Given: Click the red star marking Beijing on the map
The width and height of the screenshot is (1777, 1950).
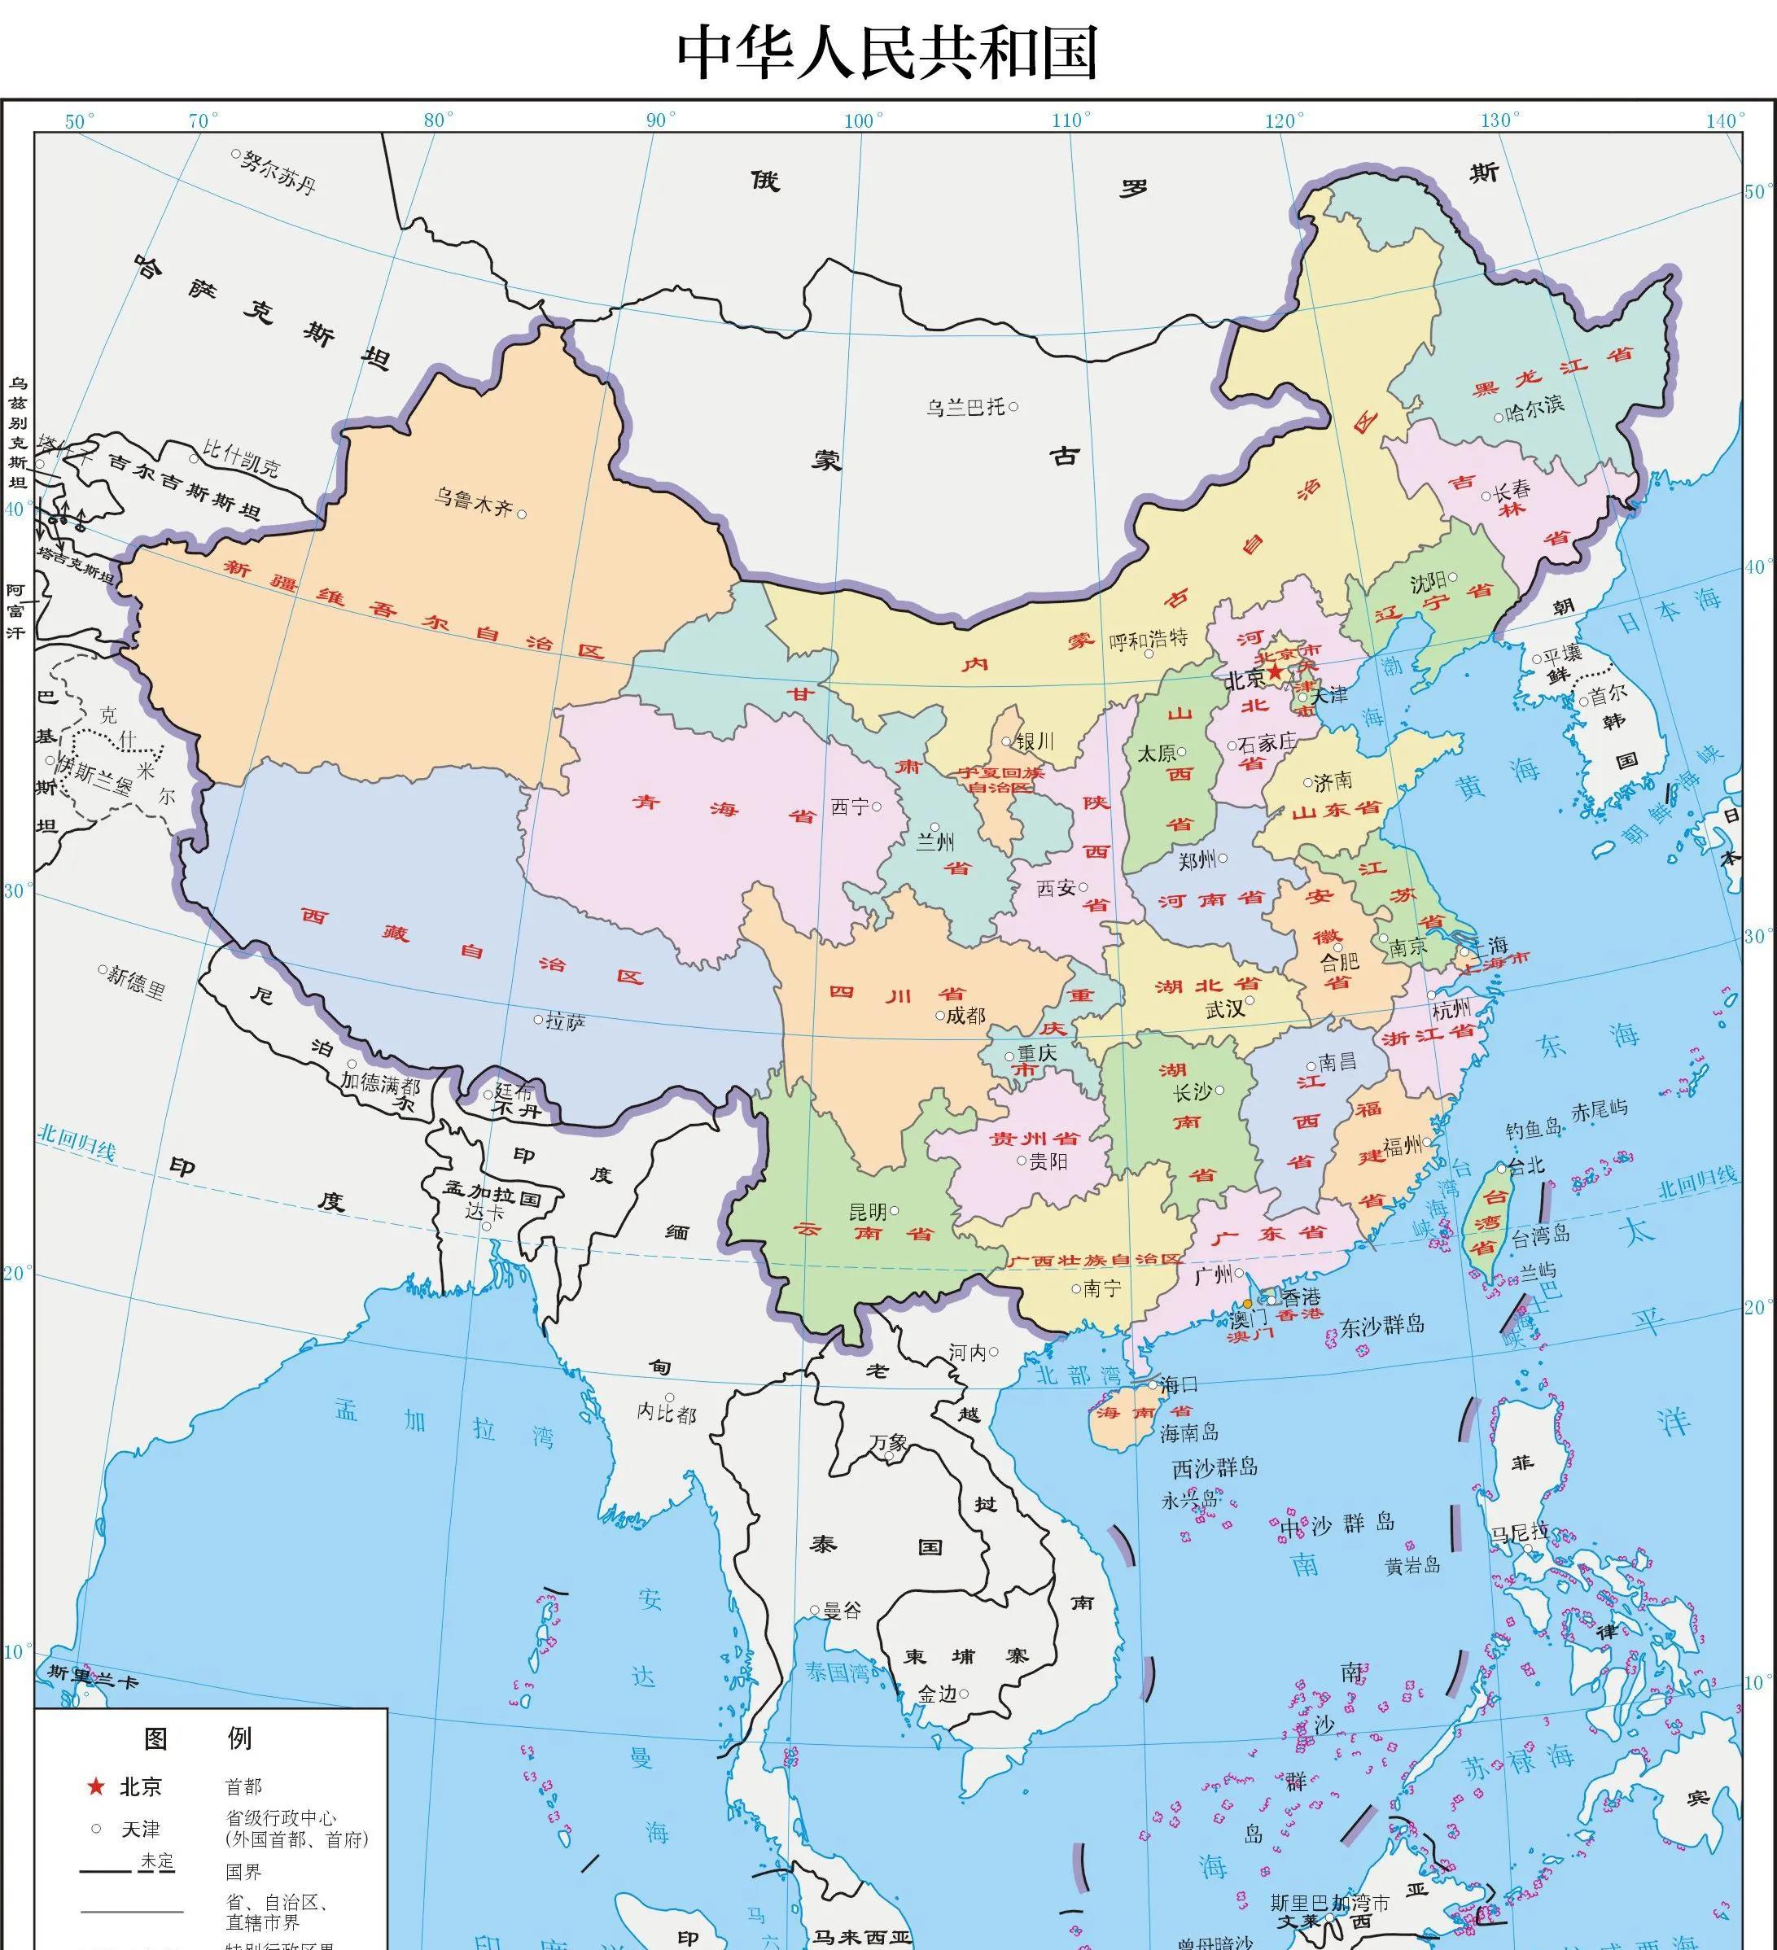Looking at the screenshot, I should (1276, 671).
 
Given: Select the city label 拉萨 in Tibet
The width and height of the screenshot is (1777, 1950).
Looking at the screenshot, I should (565, 1021).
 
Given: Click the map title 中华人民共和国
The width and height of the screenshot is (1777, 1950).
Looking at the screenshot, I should (887, 53).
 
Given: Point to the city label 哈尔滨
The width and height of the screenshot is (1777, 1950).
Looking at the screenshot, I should (1535, 406).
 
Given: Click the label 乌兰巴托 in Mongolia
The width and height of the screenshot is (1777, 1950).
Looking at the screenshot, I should (965, 407).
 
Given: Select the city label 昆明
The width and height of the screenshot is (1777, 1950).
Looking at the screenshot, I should (868, 1212).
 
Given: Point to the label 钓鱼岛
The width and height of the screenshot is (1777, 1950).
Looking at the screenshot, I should (1534, 1129).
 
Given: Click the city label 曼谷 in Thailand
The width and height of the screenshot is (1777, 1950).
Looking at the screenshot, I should (842, 1611).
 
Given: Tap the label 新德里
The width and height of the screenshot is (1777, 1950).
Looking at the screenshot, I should (135, 983).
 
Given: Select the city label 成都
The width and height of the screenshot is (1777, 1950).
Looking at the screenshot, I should (965, 1015).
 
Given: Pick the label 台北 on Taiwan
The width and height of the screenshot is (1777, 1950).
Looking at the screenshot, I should (1525, 1166).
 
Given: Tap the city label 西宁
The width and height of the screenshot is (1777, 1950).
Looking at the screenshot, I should (851, 806).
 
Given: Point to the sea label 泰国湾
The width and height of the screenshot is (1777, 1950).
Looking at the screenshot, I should (838, 1672).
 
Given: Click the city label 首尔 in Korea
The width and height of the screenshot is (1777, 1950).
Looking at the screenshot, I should (1608, 694).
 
